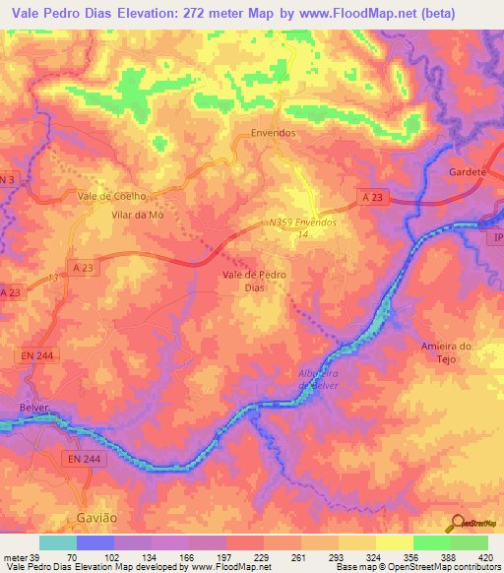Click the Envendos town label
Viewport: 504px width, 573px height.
click(x=274, y=132)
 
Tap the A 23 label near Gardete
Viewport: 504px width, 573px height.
click(x=371, y=198)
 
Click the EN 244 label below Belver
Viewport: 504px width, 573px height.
click(x=85, y=459)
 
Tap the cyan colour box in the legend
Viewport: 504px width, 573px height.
click(x=58, y=542)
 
